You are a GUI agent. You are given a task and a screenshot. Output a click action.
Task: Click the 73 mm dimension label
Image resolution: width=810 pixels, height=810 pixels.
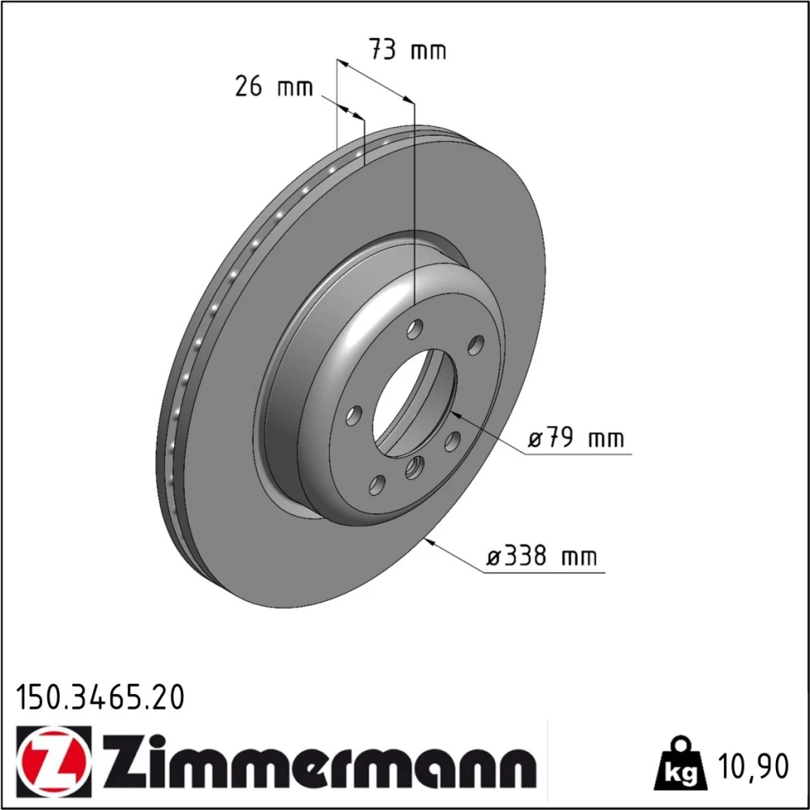407,50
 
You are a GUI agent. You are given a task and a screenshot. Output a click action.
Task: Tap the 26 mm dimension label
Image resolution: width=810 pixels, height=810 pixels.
274,86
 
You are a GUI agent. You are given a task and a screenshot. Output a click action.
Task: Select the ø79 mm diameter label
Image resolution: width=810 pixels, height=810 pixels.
575,438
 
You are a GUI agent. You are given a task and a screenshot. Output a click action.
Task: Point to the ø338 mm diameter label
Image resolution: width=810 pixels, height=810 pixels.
541,556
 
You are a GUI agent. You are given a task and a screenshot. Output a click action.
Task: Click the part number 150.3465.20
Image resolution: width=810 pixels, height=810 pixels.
100,697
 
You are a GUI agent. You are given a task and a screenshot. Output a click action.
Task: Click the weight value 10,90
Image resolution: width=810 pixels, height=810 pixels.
752,766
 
